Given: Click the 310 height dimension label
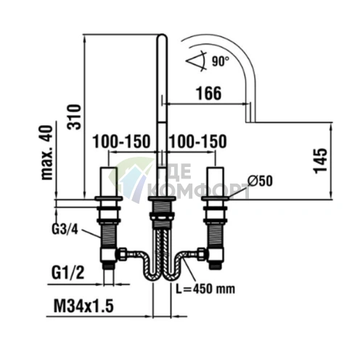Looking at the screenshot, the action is point(74,117).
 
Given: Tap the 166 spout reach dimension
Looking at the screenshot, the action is point(208,94).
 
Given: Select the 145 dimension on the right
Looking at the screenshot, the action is point(320,161).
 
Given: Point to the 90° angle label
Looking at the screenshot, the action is point(220,61).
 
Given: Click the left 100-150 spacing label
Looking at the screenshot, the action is point(121,142).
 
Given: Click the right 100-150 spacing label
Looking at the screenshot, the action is point(198,142).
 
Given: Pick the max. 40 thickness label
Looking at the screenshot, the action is point(46,152).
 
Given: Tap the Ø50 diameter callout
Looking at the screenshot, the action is point(260,181).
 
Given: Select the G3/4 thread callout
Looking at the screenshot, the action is point(65,229).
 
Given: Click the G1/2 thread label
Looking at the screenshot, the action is point(67,273).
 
